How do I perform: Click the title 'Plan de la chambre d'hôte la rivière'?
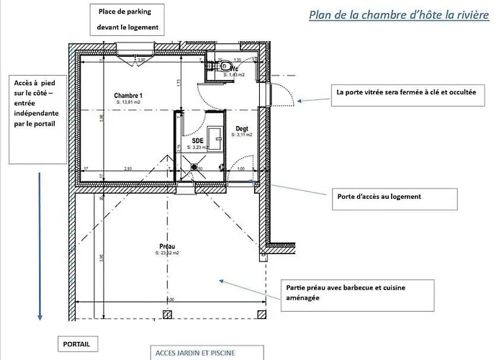[398, 15]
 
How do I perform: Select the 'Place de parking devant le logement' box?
[128, 19]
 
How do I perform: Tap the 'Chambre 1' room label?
[127, 96]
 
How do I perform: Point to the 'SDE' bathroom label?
[197, 140]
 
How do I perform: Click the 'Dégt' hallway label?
[242, 129]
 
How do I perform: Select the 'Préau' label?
[167, 247]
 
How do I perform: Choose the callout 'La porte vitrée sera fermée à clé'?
[405, 93]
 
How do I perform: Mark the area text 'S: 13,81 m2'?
[128, 102]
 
